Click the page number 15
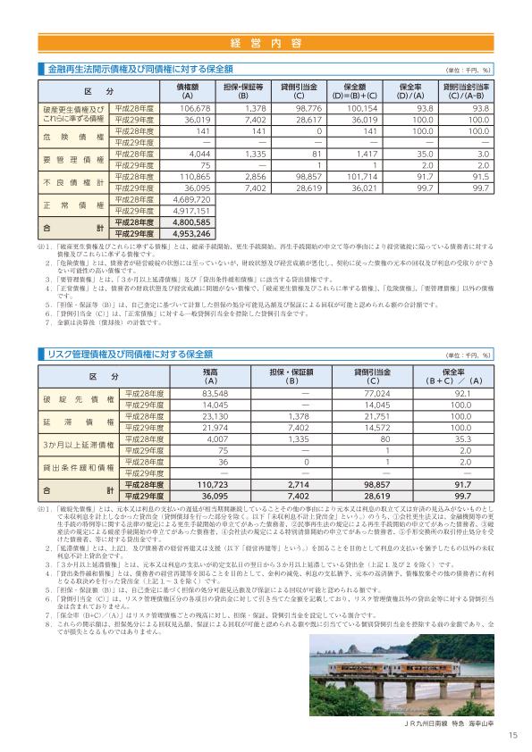click(511, 735)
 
